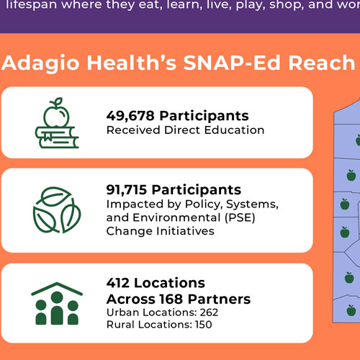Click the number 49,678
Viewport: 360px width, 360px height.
[x=130, y=116]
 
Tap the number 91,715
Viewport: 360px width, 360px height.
[x=127, y=190]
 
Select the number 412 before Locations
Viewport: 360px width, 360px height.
[x=118, y=283]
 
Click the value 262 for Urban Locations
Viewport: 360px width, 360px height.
[x=209, y=312]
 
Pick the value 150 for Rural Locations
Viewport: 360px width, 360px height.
[x=204, y=325]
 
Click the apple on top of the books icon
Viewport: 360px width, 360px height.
[x=56, y=112]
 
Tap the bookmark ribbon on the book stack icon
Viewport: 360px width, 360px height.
[x=48, y=137]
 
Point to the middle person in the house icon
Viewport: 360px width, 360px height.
[x=57, y=308]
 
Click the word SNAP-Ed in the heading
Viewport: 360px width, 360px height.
[x=233, y=63]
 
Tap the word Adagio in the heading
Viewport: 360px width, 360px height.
[x=40, y=63]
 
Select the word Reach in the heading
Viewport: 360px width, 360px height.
[x=322, y=63]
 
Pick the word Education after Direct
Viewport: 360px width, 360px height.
[x=234, y=130]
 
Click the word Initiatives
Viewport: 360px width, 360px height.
[x=186, y=231]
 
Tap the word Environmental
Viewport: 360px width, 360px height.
[x=176, y=217]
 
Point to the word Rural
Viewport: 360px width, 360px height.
[x=121, y=325]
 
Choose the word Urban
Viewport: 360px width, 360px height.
[x=122, y=312]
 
